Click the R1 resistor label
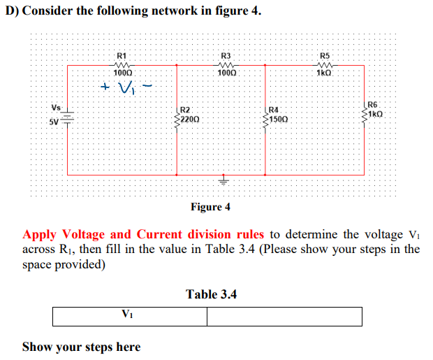(121, 55)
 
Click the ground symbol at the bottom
(224, 181)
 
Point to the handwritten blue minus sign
(147, 86)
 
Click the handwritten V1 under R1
(126, 89)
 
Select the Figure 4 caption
(210, 207)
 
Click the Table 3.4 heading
(211, 294)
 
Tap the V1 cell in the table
(130, 316)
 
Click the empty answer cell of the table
(284, 316)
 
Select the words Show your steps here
(81, 347)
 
